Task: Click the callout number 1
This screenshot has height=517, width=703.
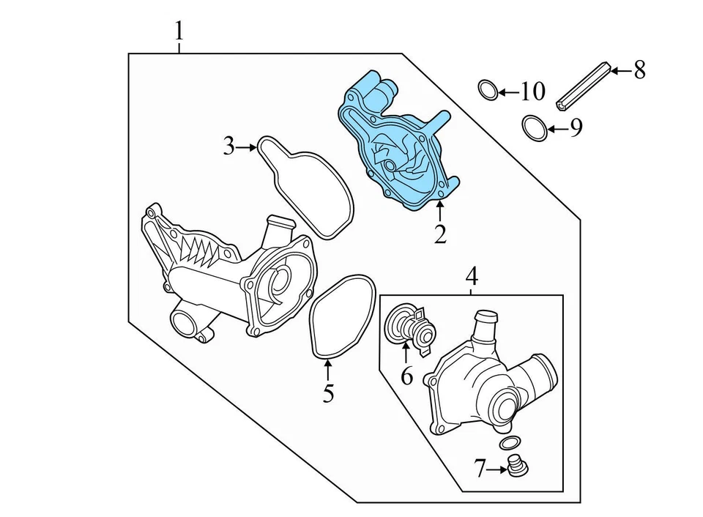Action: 179,31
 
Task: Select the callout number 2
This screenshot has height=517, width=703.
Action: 439,234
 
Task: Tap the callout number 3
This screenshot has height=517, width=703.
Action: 229,146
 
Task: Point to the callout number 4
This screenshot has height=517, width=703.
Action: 472,276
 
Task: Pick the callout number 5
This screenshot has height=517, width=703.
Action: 328,393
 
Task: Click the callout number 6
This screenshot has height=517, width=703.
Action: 406,376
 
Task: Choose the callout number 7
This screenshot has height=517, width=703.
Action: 480,468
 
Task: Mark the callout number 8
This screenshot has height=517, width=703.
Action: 639,70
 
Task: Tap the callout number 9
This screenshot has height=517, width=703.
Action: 576,129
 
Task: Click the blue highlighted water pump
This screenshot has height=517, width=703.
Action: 399,146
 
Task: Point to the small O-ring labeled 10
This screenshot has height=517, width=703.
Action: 487,90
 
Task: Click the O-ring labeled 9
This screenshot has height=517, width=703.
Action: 535,128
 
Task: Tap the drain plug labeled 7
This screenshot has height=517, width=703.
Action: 518,465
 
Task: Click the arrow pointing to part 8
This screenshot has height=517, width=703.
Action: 619,71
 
